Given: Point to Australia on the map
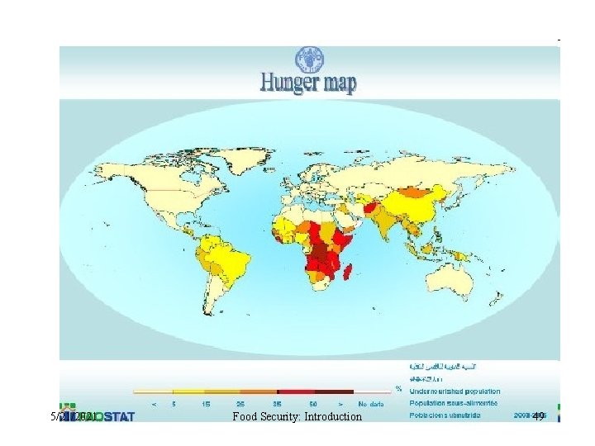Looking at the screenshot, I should (x=447, y=280).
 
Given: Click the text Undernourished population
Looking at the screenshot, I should (x=455, y=391).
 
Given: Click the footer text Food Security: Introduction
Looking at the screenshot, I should (x=297, y=416).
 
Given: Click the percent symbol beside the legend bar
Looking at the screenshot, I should (x=398, y=388).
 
